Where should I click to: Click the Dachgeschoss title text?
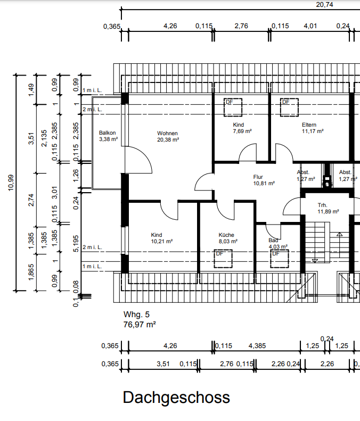pos(176,398)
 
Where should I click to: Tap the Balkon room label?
pos(107,133)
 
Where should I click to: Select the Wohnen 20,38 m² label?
pos(168,136)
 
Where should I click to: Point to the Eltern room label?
pos(309,125)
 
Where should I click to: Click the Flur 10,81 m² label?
pos(264,180)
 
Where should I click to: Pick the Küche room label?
pos(226,235)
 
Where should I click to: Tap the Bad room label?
pos(273,240)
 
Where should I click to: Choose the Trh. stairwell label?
pos(322,205)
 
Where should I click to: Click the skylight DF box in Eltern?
pos(289,108)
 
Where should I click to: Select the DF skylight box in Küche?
pos(223,259)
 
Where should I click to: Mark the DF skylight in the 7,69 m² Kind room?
pos(233,108)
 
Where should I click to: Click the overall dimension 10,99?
pos(11,183)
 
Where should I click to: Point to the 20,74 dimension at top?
pos(324,5)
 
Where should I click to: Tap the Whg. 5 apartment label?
pos(136,315)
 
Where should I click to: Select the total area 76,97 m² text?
pos(140,325)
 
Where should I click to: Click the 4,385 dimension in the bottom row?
pos(257,346)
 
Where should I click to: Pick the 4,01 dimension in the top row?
pos(310,26)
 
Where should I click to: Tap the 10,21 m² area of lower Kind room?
pos(162,242)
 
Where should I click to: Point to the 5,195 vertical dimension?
pos(76,244)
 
